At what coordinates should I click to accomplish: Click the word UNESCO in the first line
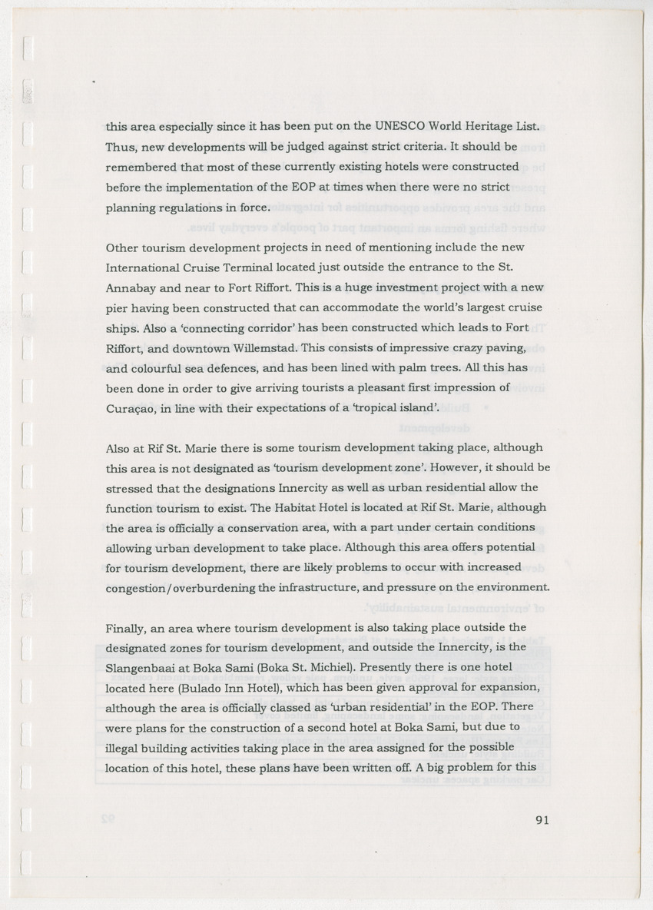coord(403,125)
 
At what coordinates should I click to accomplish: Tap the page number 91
coord(542,819)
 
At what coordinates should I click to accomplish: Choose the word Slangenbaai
coord(138,666)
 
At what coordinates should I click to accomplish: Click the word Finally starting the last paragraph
coord(125,628)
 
